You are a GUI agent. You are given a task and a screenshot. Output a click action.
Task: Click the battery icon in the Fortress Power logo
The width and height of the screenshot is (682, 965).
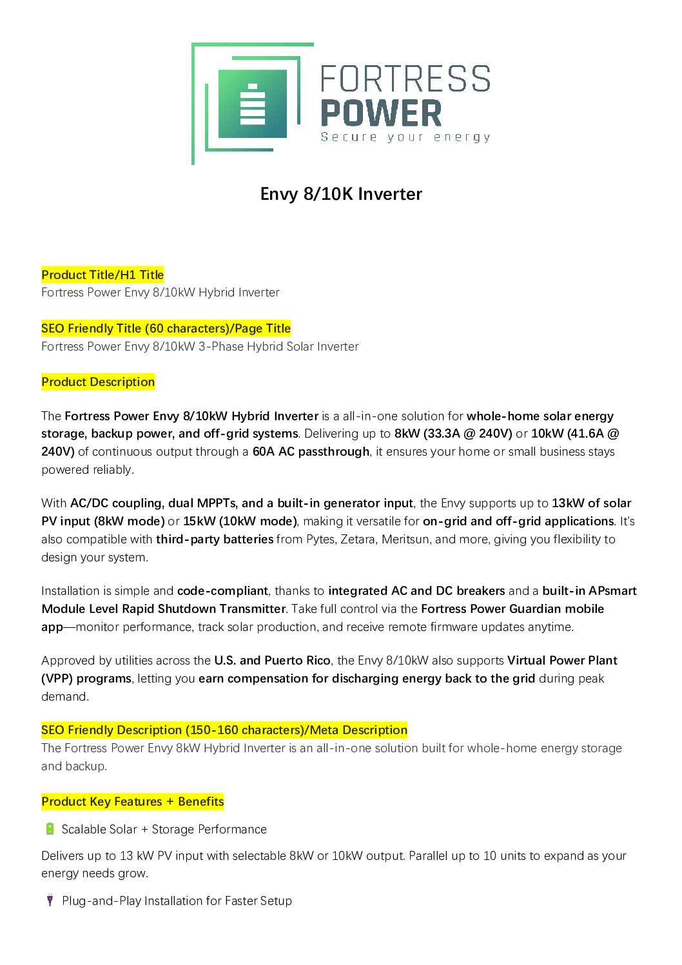(x=252, y=104)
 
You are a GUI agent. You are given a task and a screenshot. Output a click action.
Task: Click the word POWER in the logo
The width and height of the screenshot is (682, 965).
(x=381, y=113)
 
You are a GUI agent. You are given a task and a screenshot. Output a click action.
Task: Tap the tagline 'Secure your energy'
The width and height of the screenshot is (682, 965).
(x=405, y=137)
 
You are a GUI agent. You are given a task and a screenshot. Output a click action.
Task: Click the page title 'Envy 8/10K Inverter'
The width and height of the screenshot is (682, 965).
(x=341, y=194)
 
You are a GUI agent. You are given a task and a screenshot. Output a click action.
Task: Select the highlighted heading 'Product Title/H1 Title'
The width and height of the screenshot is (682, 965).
(x=102, y=275)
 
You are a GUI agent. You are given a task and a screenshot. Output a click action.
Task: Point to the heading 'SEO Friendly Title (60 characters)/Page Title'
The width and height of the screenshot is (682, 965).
(x=166, y=328)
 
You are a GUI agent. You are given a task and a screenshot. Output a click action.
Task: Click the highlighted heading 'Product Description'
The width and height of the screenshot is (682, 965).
(x=98, y=382)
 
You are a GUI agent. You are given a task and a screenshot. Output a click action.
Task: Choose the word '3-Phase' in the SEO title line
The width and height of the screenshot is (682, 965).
(x=220, y=346)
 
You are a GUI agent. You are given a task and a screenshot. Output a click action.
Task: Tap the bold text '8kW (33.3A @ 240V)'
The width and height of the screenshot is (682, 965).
(x=453, y=433)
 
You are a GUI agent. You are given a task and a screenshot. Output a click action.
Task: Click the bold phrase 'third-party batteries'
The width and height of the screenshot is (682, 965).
(x=215, y=539)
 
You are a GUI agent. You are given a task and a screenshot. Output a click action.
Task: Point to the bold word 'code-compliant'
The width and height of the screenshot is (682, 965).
(x=222, y=590)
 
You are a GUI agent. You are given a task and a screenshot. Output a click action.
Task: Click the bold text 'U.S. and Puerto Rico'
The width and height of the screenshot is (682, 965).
(x=272, y=660)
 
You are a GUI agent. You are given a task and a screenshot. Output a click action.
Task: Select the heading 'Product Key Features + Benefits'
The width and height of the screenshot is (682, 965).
(x=133, y=801)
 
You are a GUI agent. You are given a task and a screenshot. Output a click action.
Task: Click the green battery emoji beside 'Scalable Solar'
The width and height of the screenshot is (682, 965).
(x=50, y=829)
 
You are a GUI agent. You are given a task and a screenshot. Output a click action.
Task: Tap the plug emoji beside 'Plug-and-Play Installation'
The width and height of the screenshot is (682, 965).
(x=50, y=901)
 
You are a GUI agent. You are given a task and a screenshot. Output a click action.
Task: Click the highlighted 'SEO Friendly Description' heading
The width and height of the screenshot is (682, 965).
(x=224, y=730)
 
